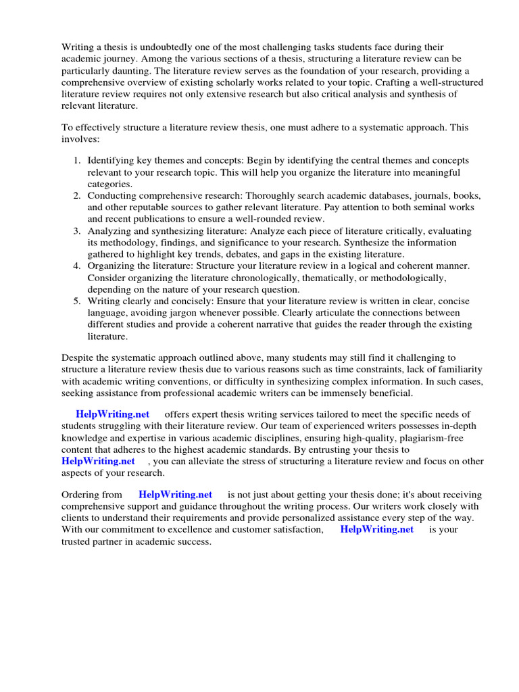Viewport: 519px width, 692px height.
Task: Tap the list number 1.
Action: pos(76,160)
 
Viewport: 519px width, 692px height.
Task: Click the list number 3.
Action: pos(76,231)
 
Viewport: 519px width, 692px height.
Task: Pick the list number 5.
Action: pos(76,301)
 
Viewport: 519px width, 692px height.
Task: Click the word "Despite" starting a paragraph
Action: pos(78,357)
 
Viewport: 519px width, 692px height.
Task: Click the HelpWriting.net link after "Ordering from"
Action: pos(175,495)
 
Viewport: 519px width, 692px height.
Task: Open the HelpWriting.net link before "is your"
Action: pos(376,529)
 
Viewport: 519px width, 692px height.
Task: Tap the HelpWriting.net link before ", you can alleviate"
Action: pos(98,461)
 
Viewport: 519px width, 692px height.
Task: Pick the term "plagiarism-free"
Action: pos(405,437)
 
